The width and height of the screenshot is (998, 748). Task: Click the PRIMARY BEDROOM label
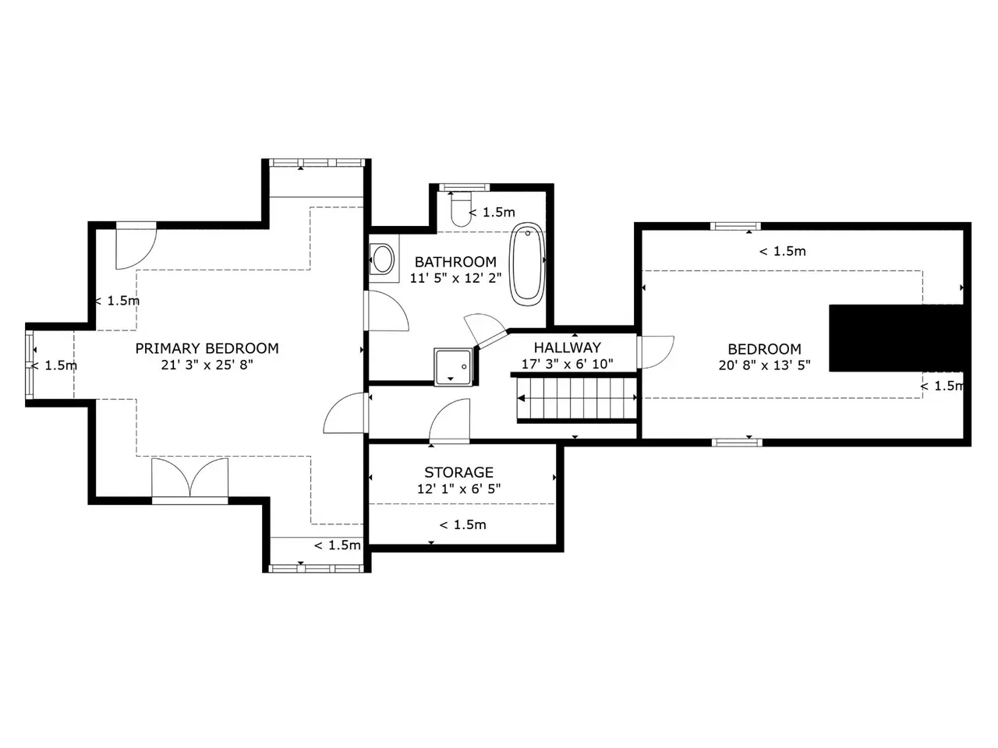(x=207, y=348)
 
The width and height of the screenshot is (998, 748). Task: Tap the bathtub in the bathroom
(x=527, y=264)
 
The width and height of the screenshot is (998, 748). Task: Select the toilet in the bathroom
(x=461, y=210)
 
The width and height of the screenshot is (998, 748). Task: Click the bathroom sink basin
(x=382, y=259)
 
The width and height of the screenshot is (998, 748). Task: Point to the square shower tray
(x=453, y=367)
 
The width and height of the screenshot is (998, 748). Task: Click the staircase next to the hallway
(x=576, y=398)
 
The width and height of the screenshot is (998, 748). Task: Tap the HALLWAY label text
(x=567, y=348)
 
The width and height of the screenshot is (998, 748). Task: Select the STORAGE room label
(x=458, y=472)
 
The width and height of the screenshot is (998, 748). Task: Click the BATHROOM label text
(x=455, y=262)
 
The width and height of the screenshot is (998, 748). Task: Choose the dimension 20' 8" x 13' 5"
(x=764, y=365)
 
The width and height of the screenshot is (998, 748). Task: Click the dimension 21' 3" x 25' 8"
(x=207, y=365)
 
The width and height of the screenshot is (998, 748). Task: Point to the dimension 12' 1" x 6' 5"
(x=458, y=489)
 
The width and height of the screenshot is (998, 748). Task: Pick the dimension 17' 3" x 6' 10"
(x=567, y=364)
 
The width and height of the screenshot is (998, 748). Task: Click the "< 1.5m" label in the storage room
(x=462, y=524)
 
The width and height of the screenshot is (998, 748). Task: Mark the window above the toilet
(x=464, y=187)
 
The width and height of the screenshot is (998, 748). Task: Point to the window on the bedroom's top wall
(x=735, y=226)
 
